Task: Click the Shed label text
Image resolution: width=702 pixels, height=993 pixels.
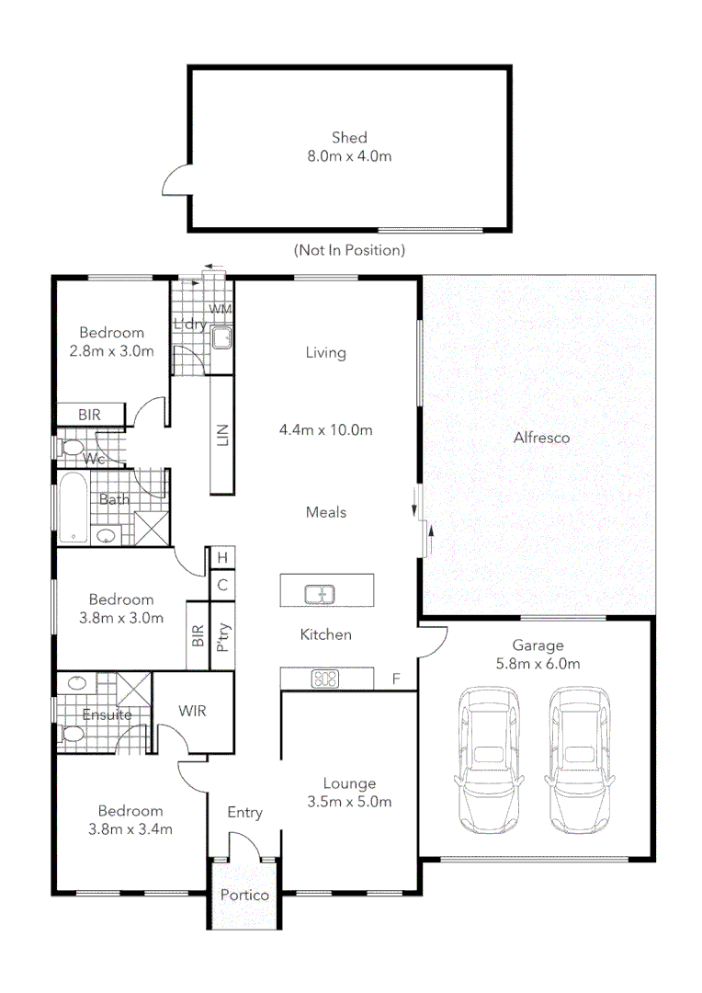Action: tap(349, 138)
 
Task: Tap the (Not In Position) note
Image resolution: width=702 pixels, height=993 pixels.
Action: tap(349, 250)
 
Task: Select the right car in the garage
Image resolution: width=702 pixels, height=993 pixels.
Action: tap(581, 759)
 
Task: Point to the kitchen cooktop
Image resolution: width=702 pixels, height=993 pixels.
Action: tap(325, 679)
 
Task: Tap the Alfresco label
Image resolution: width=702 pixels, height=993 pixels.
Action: tap(541, 438)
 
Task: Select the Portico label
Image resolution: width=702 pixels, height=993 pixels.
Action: tap(244, 895)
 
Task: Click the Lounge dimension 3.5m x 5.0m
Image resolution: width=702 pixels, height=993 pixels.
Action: tap(349, 801)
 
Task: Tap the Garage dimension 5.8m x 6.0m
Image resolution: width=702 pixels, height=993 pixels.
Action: tap(538, 663)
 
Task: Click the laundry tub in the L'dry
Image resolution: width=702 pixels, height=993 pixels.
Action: tap(221, 339)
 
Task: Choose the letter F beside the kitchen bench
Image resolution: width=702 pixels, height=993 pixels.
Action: tap(396, 679)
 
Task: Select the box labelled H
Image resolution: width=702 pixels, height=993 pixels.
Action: tap(221, 557)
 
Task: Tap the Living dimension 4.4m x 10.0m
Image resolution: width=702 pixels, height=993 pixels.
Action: tap(325, 429)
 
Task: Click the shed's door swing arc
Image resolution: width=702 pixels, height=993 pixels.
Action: tap(174, 179)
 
